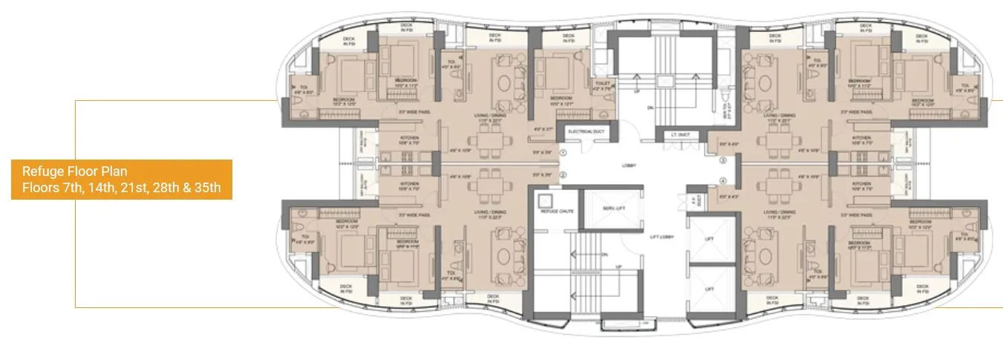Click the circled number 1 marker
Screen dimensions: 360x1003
point(563,152)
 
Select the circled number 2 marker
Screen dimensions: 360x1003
point(563,175)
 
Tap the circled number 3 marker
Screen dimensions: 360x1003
point(722,160)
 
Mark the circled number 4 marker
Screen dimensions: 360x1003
point(722,180)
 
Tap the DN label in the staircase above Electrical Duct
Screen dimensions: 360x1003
point(650,108)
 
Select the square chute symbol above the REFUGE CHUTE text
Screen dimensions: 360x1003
point(546,200)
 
